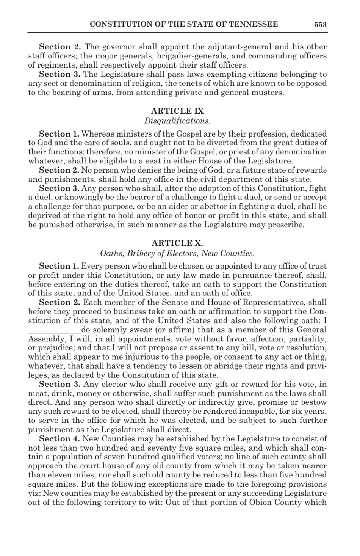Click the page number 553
pos(320,25)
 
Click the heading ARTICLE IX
pos(177,111)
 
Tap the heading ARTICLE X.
pos(177,243)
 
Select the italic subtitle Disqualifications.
pos(177,121)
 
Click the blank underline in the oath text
pos(55,330)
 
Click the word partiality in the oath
pos(307,339)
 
